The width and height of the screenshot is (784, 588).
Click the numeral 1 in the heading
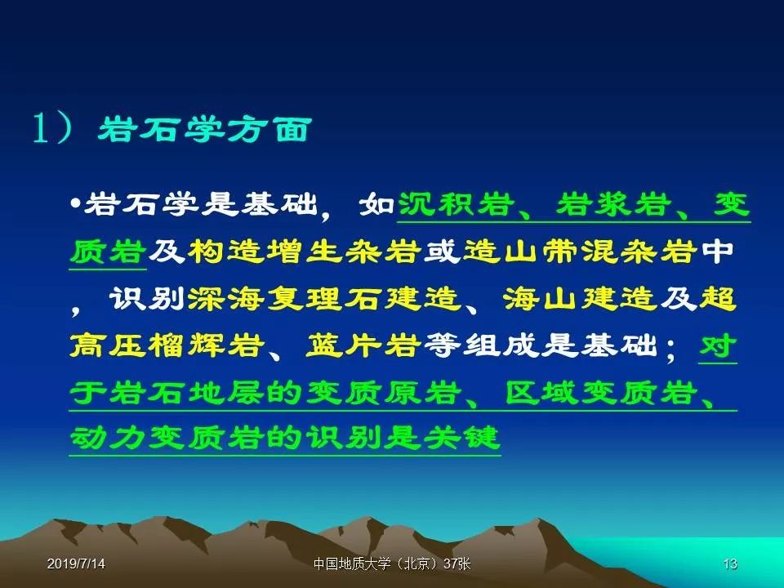pyautogui.click(x=41, y=128)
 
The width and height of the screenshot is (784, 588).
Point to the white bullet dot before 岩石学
pyautogui.click(x=75, y=204)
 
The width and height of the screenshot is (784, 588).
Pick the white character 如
pyautogui.click(x=377, y=205)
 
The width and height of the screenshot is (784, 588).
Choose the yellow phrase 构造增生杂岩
pyautogui.click(x=304, y=252)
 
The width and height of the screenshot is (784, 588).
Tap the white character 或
pyautogui.click(x=443, y=252)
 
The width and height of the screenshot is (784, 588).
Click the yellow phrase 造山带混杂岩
pyautogui.click(x=581, y=252)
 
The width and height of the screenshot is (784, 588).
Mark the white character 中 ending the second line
pyautogui.click(x=718, y=252)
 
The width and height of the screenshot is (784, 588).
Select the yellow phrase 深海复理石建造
pyautogui.click(x=323, y=299)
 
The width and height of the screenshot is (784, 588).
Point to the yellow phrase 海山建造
pyautogui.click(x=579, y=299)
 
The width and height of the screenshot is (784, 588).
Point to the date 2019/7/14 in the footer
pyautogui.click(x=76, y=564)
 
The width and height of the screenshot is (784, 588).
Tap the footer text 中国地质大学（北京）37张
pyautogui.click(x=392, y=564)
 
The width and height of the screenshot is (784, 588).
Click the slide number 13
pyautogui.click(x=730, y=564)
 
